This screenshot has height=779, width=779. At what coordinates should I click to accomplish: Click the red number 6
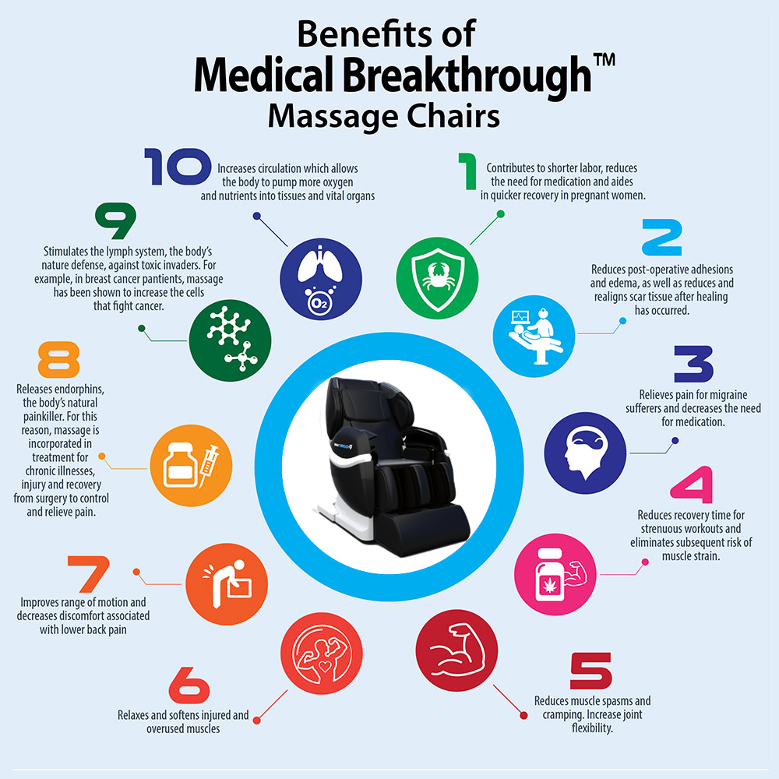[x=189, y=686]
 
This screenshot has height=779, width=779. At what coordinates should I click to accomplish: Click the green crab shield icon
[x=435, y=272]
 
